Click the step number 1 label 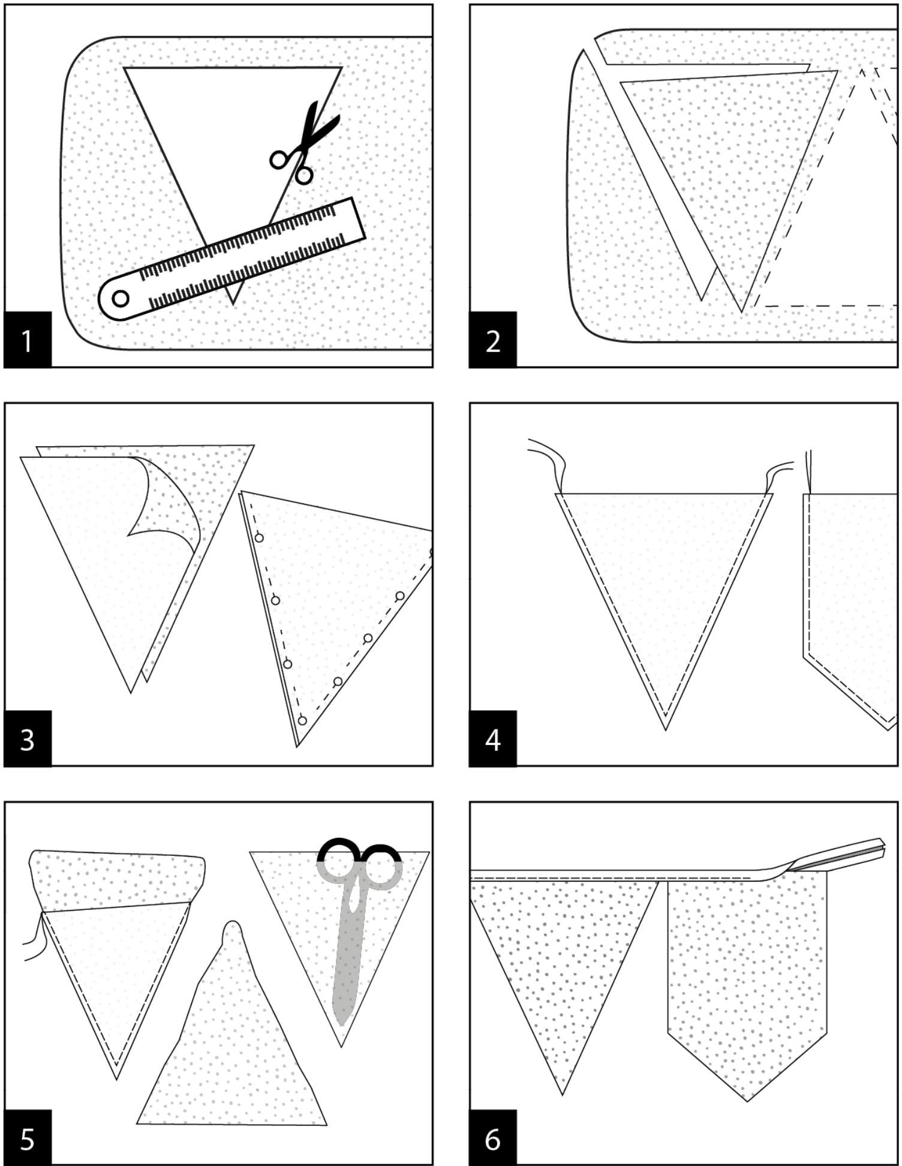[28, 339]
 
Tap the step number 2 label [493, 339]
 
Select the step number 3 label [28, 739]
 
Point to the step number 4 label [493, 739]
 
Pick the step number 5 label [28, 1138]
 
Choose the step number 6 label [493, 1138]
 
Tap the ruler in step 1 [232, 258]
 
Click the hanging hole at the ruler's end [121, 298]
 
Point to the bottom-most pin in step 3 [302, 720]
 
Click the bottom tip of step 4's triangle [665, 730]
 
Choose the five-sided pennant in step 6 [747, 987]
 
